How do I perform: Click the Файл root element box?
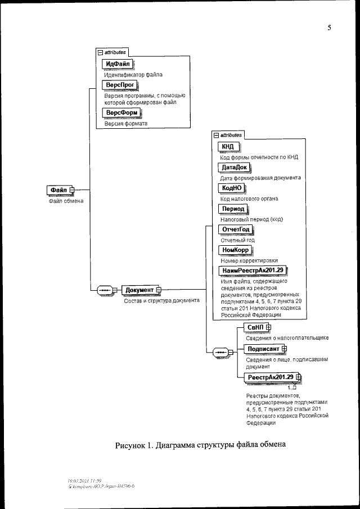(x=58, y=191)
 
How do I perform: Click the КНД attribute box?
(x=228, y=147)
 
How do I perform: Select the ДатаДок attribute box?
(x=235, y=168)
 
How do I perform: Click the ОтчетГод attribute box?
(x=236, y=229)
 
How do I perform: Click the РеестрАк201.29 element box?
(x=270, y=377)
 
